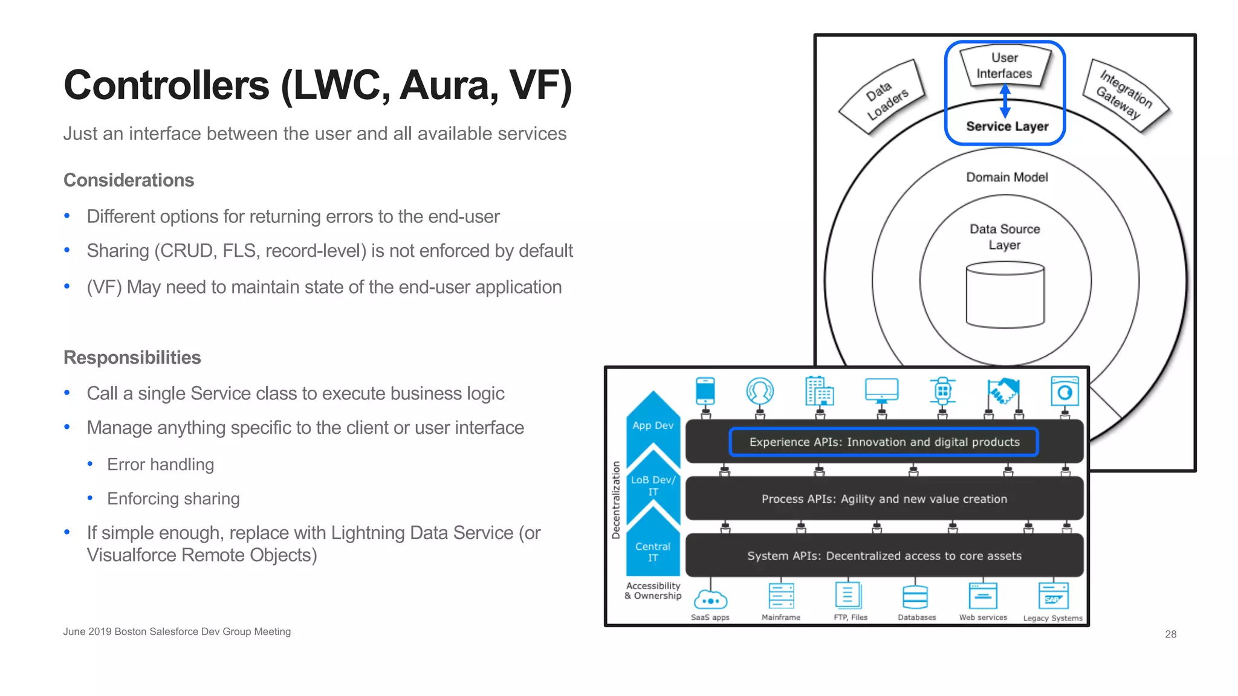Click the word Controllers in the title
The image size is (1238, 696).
pos(166,85)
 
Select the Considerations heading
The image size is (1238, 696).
pos(129,180)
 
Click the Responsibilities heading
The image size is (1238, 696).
pos(132,357)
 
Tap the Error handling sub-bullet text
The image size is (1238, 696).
pos(160,464)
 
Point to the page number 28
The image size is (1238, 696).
pos(1170,634)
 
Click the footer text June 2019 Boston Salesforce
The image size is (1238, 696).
pos(177,631)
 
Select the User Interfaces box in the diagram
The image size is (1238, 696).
pos(1004,66)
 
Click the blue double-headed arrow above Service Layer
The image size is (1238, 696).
pos(1005,100)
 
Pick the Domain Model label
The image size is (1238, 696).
pos(1006,177)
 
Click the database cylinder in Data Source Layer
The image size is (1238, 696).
pos(1005,295)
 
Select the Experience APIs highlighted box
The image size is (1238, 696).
pos(884,442)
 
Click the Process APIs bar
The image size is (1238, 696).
pos(884,499)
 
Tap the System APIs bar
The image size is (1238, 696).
pos(884,556)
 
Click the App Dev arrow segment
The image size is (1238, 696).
pos(653,423)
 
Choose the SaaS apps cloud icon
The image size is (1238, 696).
pos(710,599)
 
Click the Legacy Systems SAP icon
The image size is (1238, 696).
pos(1053,596)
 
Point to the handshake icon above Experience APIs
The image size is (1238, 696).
pos(1003,391)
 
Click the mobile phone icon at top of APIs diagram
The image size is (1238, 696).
pos(705,391)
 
